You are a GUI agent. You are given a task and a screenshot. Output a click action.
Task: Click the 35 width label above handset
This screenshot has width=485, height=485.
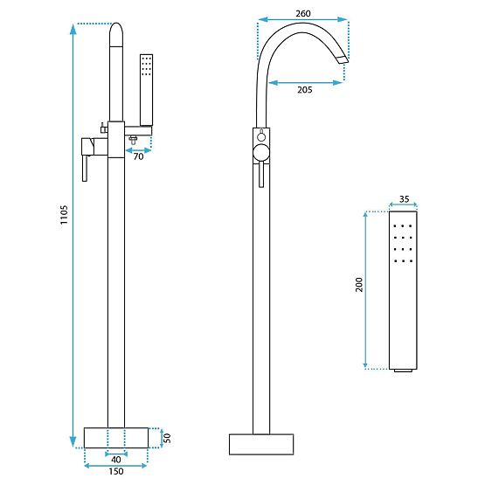pyautogui.click(x=404, y=198)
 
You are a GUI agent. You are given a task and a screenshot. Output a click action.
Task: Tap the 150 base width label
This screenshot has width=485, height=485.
pyautogui.click(x=116, y=473)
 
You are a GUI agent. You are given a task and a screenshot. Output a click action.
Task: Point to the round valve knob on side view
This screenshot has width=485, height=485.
pyautogui.click(x=260, y=156)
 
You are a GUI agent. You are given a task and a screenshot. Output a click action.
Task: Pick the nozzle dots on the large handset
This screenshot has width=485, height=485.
pyautogui.click(x=404, y=241)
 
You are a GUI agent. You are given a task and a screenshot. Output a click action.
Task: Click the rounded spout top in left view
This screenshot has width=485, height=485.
pyautogui.click(x=116, y=35)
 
